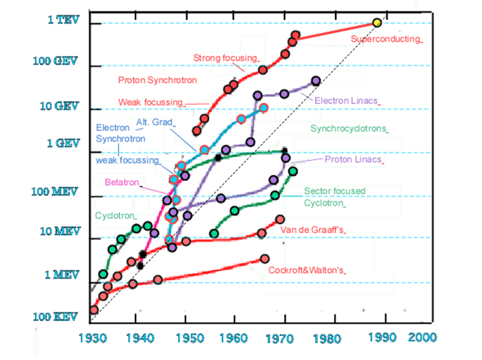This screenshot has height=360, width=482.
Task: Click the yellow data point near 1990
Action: pyautogui.click(x=377, y=23)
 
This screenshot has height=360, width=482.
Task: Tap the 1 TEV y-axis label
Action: pyautogui.click(x=63, y=20)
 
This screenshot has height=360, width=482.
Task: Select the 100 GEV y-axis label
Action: pyautogui.click(x=58, y=62)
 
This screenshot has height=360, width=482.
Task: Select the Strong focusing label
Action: pyautogui.click(x=225, y=58)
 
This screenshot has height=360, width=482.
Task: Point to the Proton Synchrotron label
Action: pyautogui.click(x=157, y=80)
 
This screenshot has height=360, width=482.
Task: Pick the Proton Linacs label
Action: pyautogui.click(x=352, y=160)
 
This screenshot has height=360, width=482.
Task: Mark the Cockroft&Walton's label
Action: pyautogui.click(x=305, y=270)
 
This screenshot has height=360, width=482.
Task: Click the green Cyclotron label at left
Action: pyautogui.click(x=114, y=215)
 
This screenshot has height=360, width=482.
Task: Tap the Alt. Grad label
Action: pyautogui.click(x=153, y=122)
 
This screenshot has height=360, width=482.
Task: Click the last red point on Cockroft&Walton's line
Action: pyautogui.click(x=264, y=259)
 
